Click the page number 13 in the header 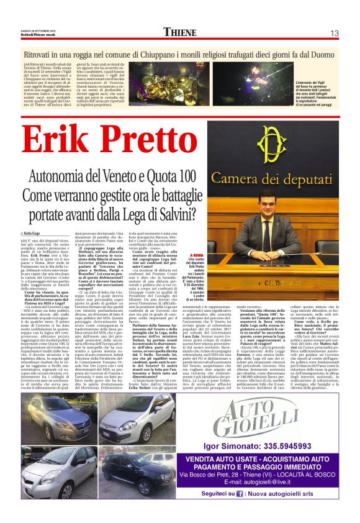335,32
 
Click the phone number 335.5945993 293,448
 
